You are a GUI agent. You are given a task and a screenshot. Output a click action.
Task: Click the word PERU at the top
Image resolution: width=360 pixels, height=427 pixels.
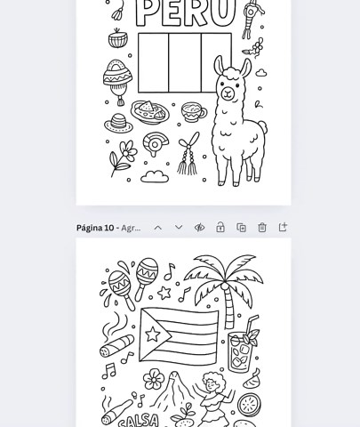pyautogui.click(x=185, y=12)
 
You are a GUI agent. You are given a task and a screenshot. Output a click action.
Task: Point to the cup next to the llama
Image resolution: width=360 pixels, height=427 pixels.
pyautogui.click(x=193, y=112)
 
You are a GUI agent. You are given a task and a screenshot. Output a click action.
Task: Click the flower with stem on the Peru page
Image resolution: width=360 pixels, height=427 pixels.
pyautogui.click(x=122, y=157)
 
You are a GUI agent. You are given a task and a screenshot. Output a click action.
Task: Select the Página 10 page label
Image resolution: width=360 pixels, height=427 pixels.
pyautogui.click(x=95, y=228)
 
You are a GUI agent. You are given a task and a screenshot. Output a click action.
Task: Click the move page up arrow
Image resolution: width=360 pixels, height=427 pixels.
pyautogui.click(x=158, y=228)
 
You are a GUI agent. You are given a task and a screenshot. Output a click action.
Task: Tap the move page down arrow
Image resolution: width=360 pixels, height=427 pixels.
pyautogui.click(x=179, y=228)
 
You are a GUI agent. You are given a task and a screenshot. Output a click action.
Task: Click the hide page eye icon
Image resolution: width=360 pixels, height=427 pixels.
pyautogui.click(x=200, y=228)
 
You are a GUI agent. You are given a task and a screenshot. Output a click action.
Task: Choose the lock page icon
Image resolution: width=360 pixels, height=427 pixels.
pyautogui.click(x=220, y=228)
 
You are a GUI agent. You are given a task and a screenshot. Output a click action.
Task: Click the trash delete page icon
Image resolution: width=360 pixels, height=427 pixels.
pyautogui.click(x=262, y=228)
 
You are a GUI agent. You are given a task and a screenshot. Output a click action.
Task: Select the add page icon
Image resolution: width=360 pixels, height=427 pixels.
pyautogui.click(x=283, y=228)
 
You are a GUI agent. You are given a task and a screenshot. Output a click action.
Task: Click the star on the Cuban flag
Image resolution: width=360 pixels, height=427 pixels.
pyautogui.click(x=154, y=335)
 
